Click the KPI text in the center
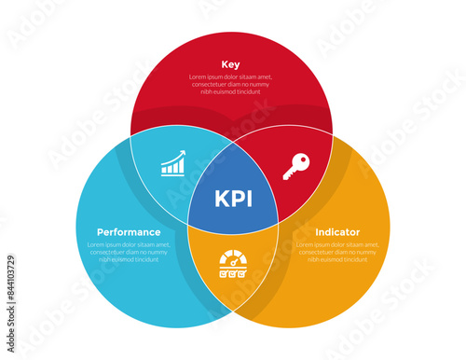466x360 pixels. coord(232,200)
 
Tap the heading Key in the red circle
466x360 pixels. coord(230,64)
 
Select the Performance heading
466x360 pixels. coord(129,231)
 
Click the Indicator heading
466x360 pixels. coord(337,231)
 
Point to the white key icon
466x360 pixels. coord(295,166)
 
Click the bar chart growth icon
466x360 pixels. coord(172,164)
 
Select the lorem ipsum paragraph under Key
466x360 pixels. coord(230,84)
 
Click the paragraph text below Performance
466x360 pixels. coord(129,252)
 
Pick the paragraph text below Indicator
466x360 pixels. coord(337,252)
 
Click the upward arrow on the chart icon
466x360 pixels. coord(180,158)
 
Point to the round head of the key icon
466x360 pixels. coord(302,160)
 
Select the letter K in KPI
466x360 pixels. coord(221,200)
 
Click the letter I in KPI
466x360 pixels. coord(248,200)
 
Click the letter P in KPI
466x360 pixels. coord(236,200)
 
